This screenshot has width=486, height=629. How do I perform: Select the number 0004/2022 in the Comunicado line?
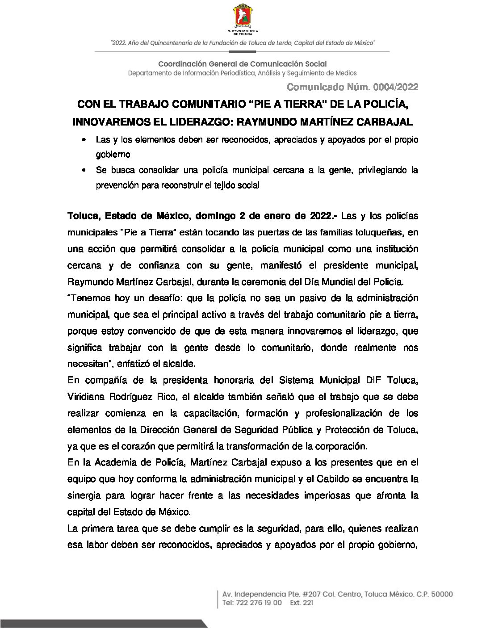(395, 87)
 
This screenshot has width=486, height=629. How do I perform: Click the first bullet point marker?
(84, 140)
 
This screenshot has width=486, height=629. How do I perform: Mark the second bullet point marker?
(84, 171)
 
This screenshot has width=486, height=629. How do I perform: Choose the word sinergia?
(84, 495)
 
